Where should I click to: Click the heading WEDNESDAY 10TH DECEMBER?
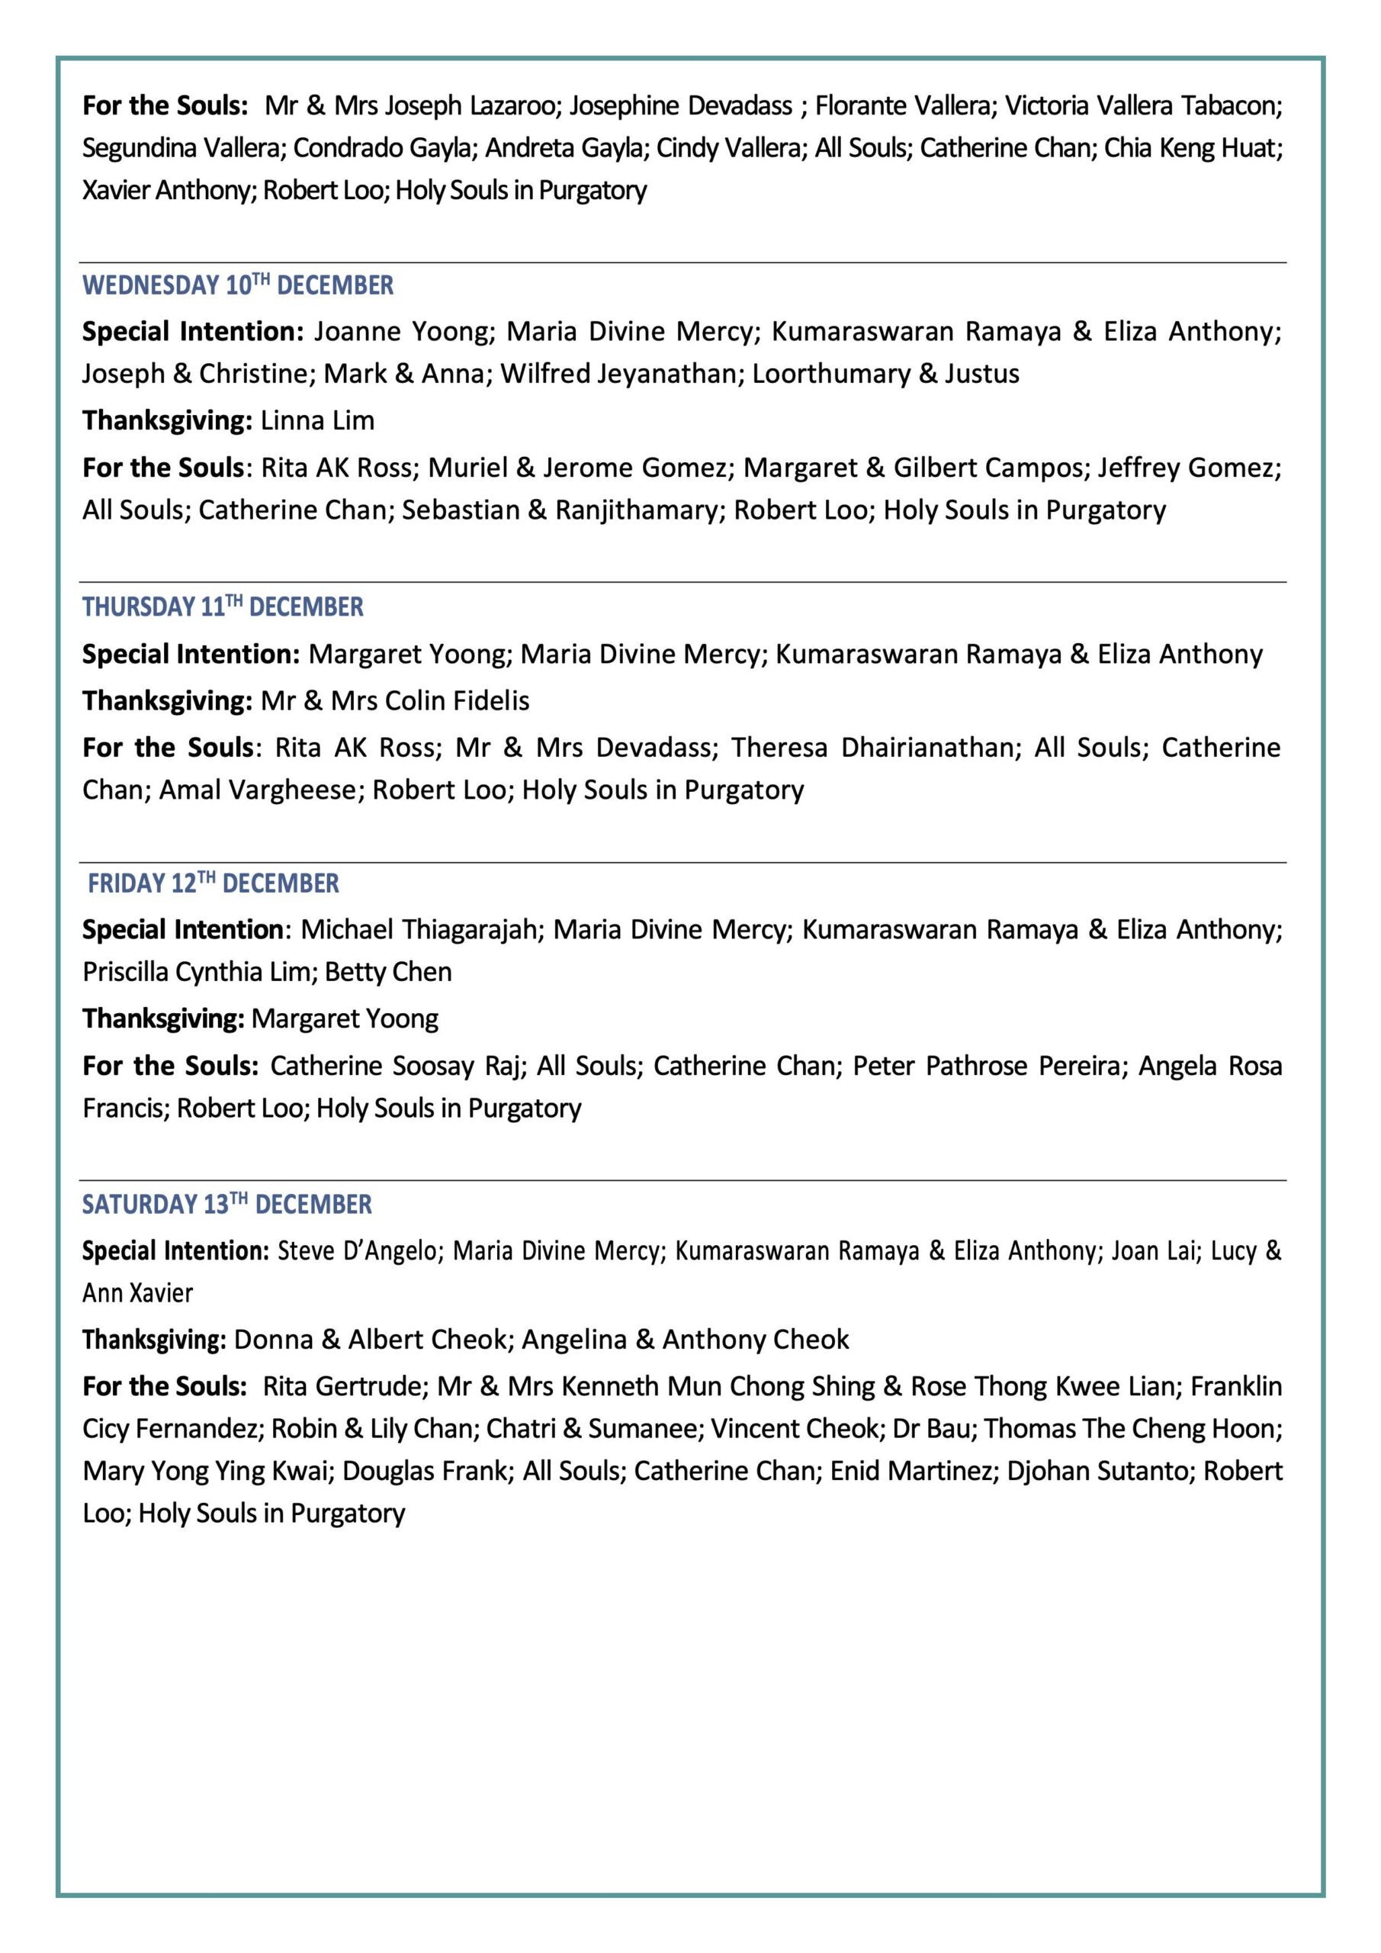[x=237, y=286]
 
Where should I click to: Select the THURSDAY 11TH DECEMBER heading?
[x=222, y=606]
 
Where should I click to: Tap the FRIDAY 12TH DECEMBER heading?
[x=213, y=883]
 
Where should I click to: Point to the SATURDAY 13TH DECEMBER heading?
[x=226, y=1205]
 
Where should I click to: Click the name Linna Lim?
[x=317, y=420]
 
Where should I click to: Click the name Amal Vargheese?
[x=259, y=790]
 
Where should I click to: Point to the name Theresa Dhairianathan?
[x=873, y=748]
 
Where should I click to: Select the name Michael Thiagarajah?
[x=419, y=930]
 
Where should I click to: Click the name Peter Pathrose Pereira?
[x=987, y=1066]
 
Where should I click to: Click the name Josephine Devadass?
[x=681, y=105]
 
